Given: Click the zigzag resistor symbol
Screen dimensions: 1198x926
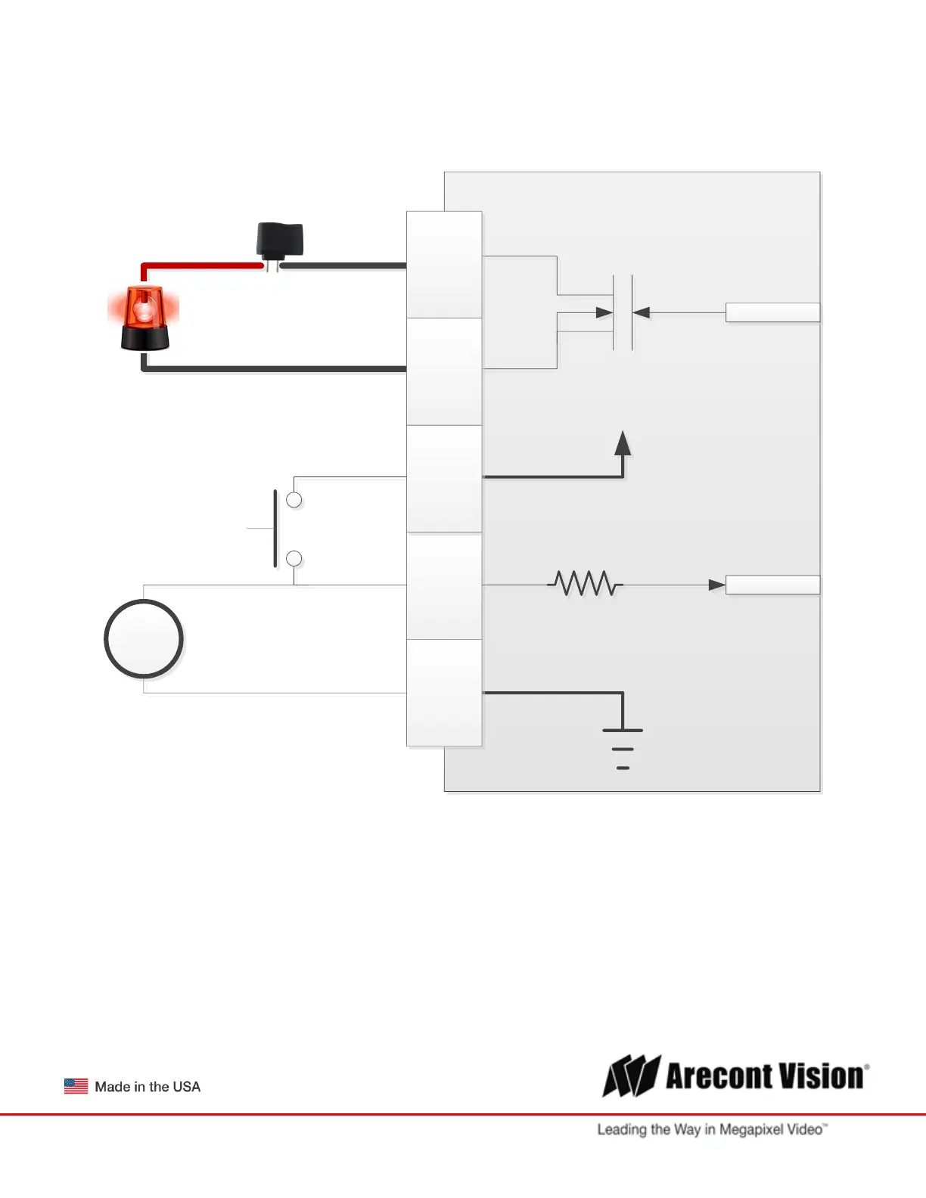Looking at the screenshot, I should click(584, 584).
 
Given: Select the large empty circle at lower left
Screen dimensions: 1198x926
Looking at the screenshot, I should click(144, 639).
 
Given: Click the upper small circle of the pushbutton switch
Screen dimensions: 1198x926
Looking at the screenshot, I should click(294, 500).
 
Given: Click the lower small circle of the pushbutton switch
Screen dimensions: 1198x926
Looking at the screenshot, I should click(294, 559).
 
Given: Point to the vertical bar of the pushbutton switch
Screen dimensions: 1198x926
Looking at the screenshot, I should click(275, 528).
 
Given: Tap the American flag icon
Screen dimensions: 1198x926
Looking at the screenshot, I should click(76, 1086).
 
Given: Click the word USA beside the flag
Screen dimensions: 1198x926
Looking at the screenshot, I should click(186, 1087).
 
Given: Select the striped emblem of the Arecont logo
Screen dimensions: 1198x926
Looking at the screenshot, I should click(631, 1075).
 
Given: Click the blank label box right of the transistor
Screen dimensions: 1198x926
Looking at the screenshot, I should click(772, 312).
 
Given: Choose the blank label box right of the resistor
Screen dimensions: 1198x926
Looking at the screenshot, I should click(772, 585).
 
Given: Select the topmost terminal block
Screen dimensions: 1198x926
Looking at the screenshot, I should click(444, 265).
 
